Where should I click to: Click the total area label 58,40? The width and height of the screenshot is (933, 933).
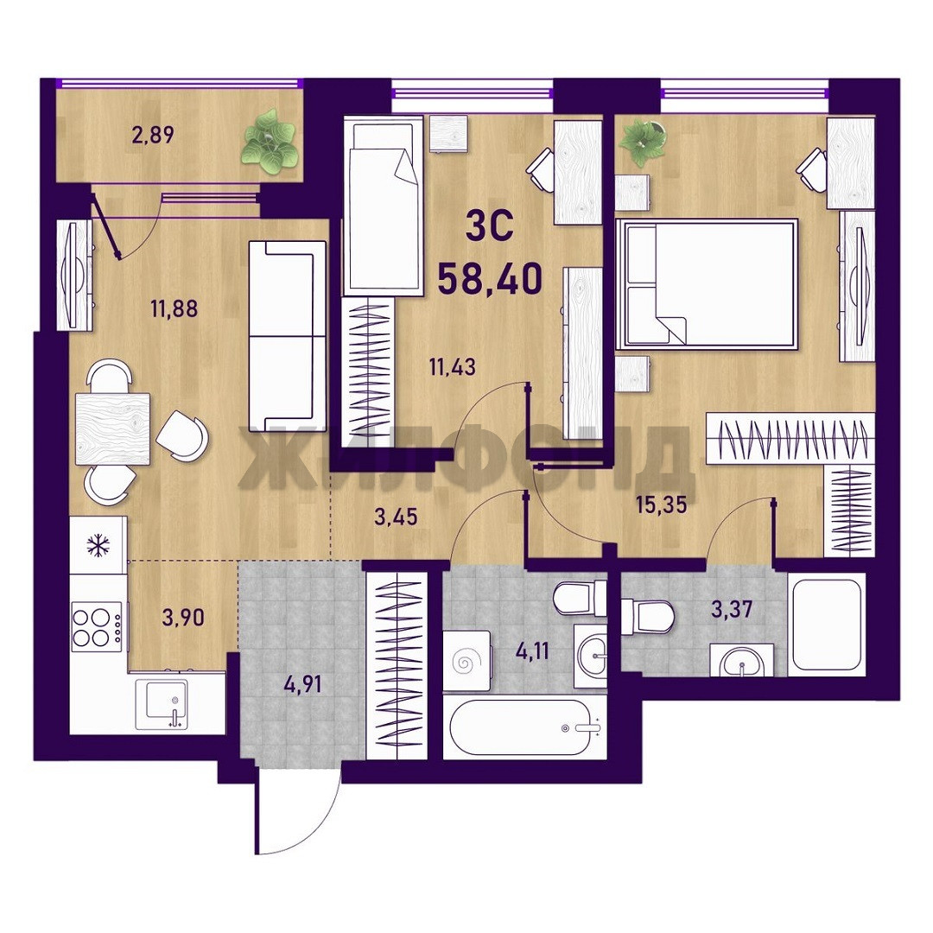pos(490,278)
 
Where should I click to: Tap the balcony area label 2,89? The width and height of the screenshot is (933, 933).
pos(153,135)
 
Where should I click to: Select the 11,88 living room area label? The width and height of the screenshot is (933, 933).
pos(174,308)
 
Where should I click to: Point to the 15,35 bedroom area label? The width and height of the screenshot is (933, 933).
pos(661,505)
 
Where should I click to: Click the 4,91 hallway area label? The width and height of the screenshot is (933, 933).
pos(303,684)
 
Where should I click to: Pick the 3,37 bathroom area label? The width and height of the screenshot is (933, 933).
pos(732,609)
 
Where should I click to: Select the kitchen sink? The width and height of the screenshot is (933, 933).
pos(162,705)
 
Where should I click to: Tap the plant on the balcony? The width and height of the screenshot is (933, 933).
pos(269,142)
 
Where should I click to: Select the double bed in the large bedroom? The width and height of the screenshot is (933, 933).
pos(707,284)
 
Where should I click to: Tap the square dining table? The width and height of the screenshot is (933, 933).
pos(113,428)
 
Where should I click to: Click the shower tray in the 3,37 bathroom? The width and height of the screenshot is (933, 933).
pos(827,625)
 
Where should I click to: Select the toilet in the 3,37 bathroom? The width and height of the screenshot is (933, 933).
pos(647,616)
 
